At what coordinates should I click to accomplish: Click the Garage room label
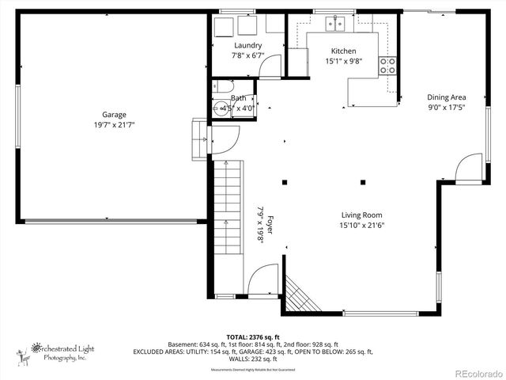tap(114, 114)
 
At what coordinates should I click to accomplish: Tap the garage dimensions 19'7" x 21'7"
tap(114, 124)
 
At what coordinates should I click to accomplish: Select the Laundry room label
tap(247, 45)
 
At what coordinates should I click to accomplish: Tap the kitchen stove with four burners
tap(387, 66)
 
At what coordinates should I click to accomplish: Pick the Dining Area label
tap(447, 97)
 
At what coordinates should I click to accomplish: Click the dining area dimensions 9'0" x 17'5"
tap(447, 107)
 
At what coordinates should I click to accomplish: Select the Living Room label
tap(361, 215)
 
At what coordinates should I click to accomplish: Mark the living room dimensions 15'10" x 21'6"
tap(361, 225)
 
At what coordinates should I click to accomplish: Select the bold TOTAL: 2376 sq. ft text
tap(253, 337)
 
